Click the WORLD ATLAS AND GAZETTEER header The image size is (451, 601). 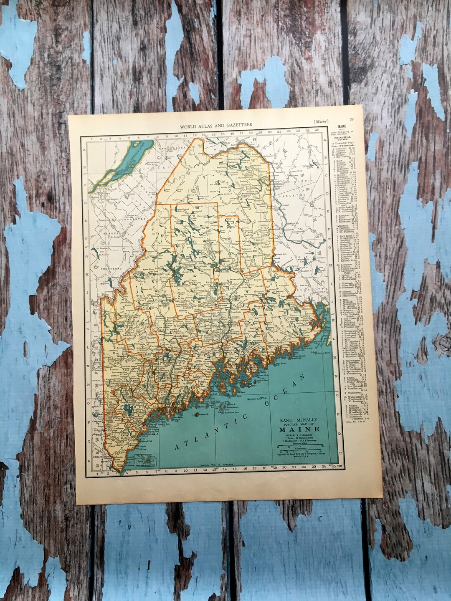click(x=216, y=125)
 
